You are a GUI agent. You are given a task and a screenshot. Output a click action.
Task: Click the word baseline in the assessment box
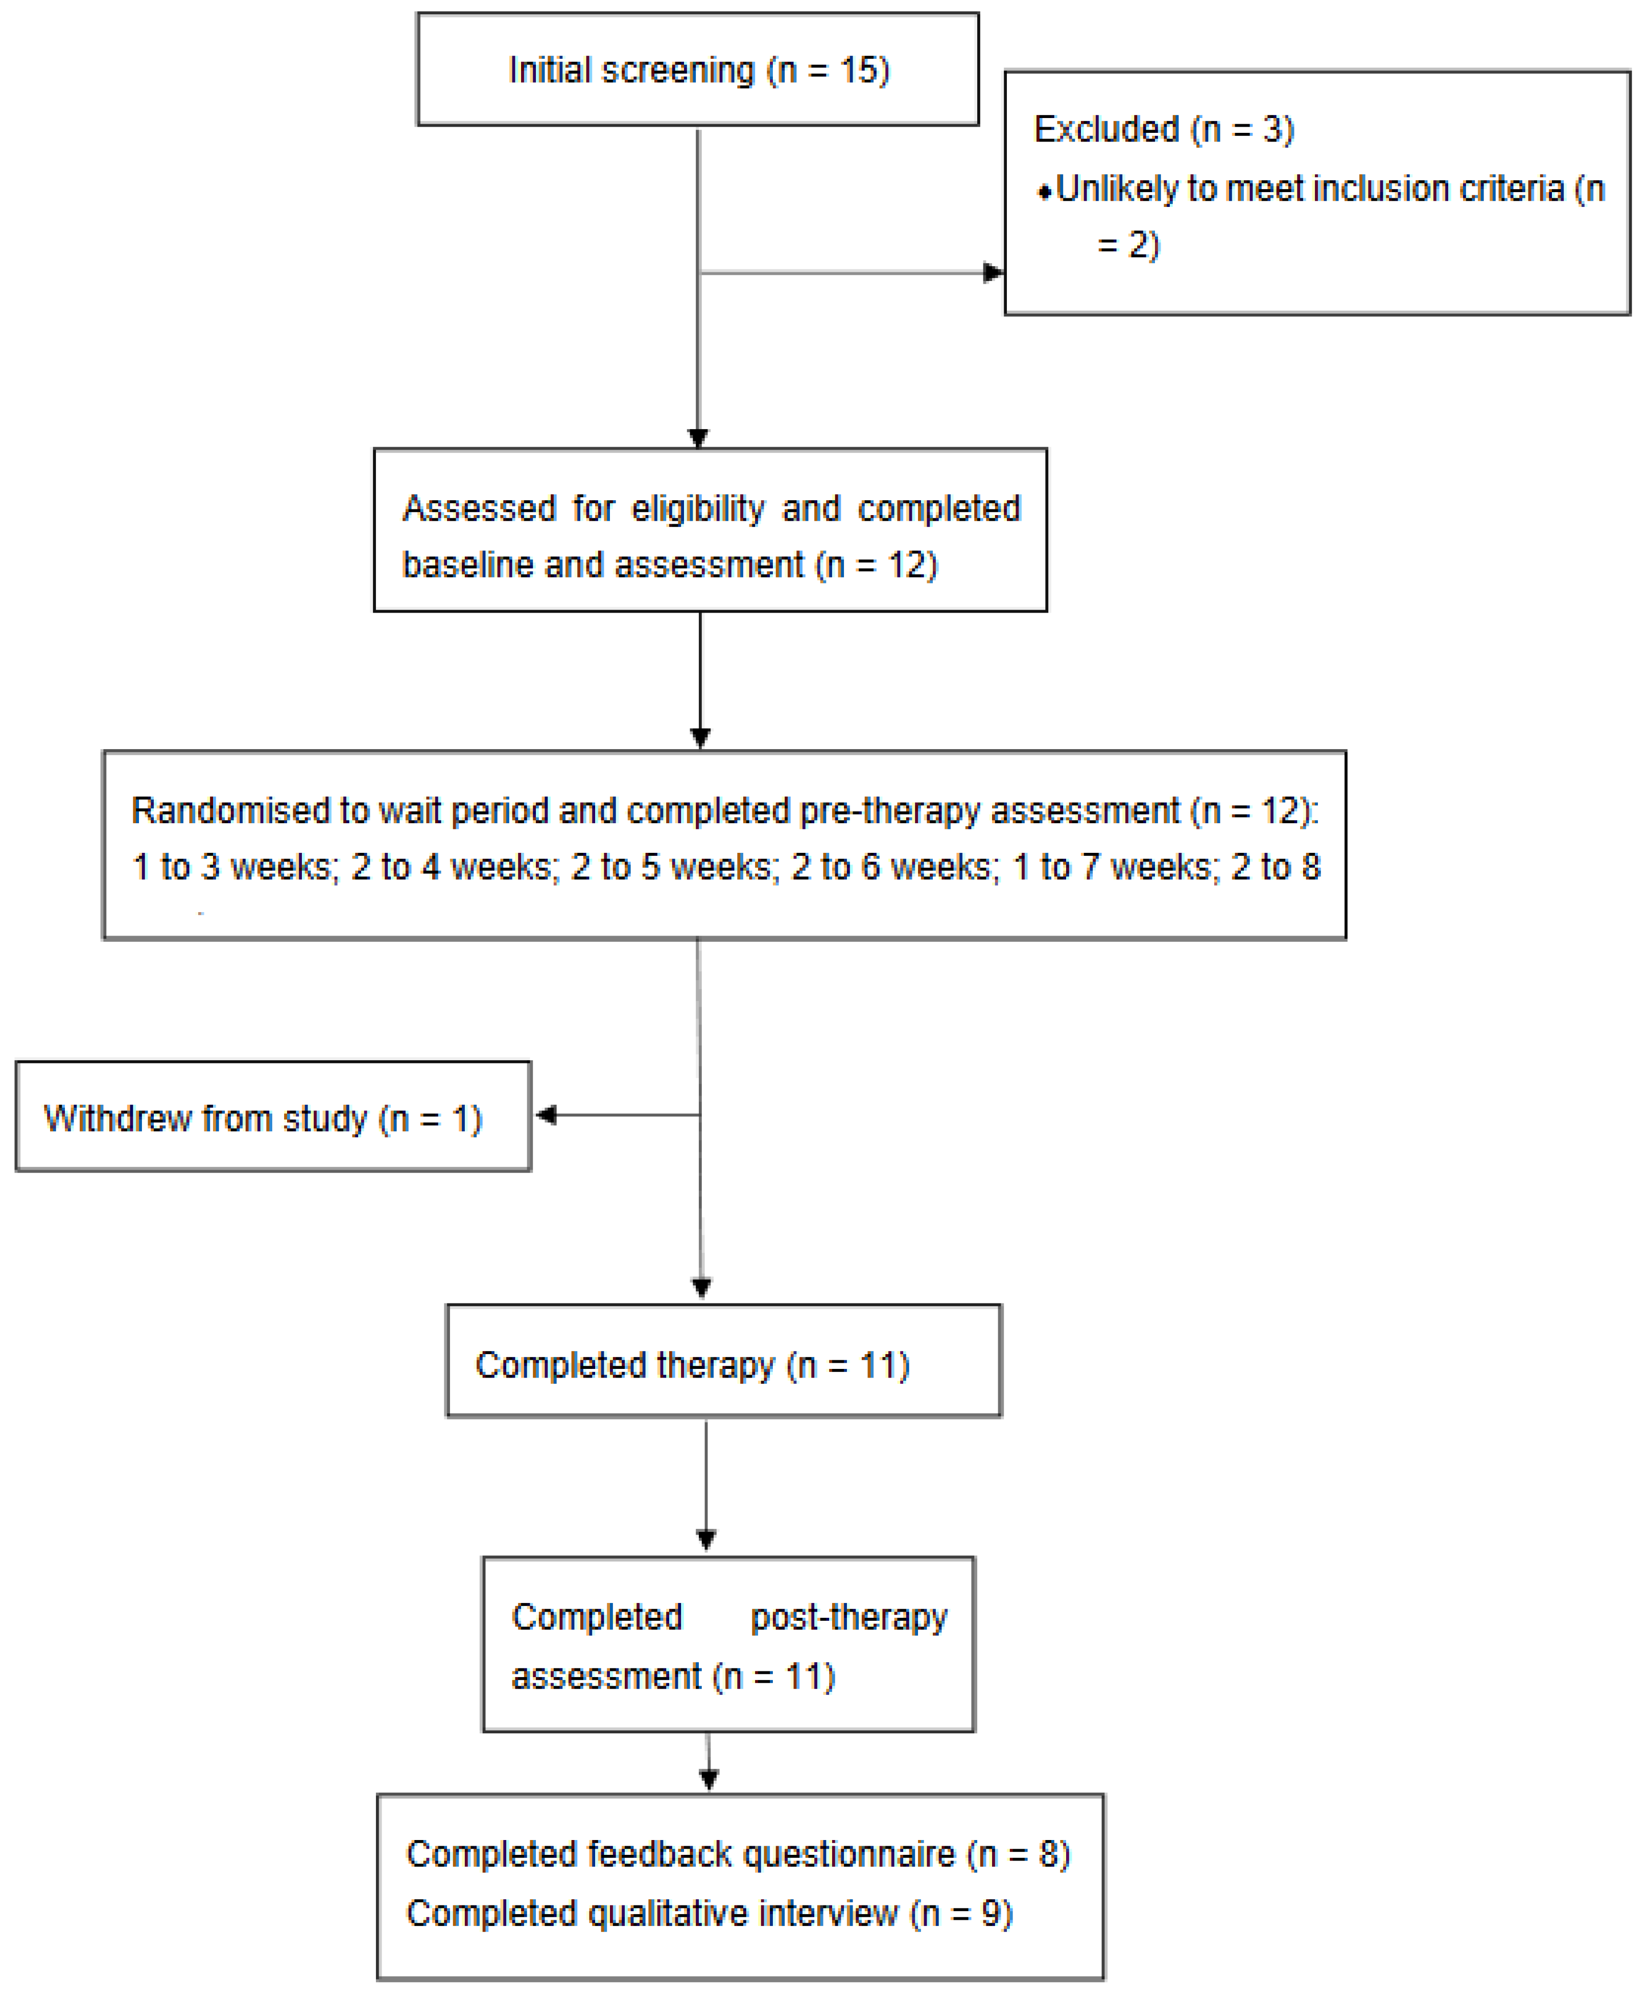pos(467,566)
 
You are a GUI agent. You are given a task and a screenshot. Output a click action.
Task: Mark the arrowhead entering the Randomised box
pos(700,737)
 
